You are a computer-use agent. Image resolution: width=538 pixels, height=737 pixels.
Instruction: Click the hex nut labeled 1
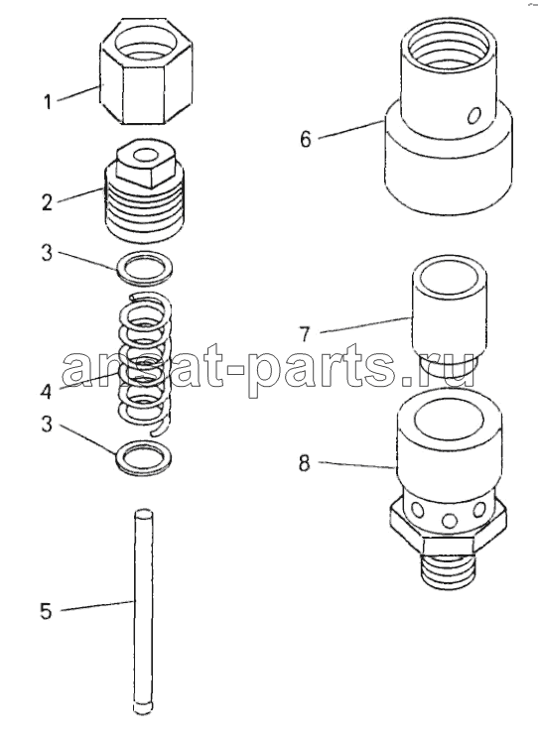(x=147, y=71)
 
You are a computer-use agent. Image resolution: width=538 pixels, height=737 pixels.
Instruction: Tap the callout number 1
(x=47, y=101)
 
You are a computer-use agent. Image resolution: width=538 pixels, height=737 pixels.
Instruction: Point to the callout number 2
(x=47, y=202)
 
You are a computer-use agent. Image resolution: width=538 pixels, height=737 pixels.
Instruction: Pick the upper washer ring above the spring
(x=144, y=269)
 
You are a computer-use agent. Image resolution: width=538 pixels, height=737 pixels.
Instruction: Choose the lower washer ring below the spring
(x=144, y=457)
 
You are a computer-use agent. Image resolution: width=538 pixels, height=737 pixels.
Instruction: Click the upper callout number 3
(x=47, y=254)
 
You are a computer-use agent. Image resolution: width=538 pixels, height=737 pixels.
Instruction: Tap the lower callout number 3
(x=46, y=424)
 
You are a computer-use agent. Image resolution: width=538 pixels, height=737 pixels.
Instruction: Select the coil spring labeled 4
(x=144, y=363)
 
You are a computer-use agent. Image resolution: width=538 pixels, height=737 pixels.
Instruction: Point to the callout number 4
(x=46, y=391)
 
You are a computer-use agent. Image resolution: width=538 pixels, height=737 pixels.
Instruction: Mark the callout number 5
(x=46, y=611)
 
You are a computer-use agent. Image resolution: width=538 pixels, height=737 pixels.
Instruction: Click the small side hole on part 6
(x=475, y=115)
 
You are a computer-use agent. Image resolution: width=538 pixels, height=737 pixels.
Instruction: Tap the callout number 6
(x=306, y=139)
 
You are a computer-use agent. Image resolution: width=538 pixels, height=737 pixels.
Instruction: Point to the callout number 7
(x=305, y=334)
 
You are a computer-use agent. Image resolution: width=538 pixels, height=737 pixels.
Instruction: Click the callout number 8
(x=305, y=464)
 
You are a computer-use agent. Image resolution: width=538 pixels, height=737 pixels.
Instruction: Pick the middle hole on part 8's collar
(x=449, y=521)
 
